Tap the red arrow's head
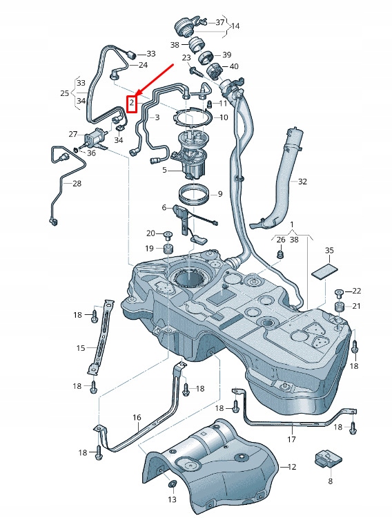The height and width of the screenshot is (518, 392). point(137,95)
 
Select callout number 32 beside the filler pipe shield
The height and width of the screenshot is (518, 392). point(302,182)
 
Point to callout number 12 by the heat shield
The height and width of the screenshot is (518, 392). point(292,468)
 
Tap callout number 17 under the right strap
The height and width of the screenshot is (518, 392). point(291,439)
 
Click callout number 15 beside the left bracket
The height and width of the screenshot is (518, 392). point(80,348)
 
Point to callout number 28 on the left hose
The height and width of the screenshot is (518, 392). point(77,184)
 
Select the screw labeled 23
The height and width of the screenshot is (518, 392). point(197,70)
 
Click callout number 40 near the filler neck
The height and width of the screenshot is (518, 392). point(234,66)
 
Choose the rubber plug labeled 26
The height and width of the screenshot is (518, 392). point(280,256)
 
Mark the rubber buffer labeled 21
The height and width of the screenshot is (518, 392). point(339,306)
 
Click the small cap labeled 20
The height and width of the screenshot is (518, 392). point(168,233)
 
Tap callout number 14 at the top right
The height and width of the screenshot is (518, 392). point(235,26)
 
